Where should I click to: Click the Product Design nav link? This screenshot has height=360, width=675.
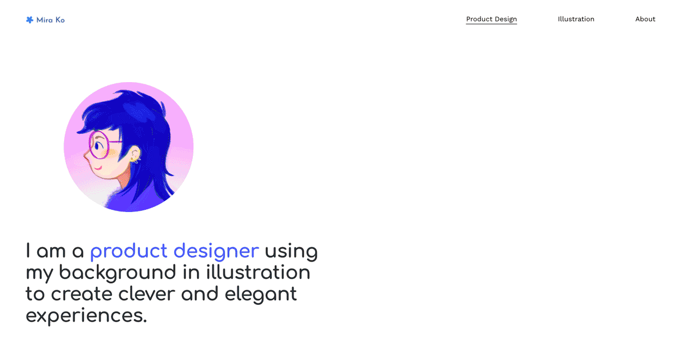pos(491,19)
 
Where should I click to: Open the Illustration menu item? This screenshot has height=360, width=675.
pos(576,19)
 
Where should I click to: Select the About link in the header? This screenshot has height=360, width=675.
pos(645,19)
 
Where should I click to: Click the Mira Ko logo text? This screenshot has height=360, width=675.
pos(51,20)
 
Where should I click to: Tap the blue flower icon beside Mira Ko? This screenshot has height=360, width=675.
pos(30,20)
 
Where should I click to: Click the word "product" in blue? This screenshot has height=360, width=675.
pos(128,251)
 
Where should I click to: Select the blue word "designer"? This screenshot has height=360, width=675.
pos(216,251)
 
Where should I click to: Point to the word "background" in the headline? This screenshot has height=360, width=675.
pos(118,273)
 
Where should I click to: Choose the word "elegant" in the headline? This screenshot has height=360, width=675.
pos(260,294)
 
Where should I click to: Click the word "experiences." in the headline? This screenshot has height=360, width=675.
pos(86,316)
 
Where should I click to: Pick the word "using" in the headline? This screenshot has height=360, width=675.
pos(291,251)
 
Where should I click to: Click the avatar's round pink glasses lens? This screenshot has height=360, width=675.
pos(99,145)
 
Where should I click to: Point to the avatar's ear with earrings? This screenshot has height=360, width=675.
pos(134,154)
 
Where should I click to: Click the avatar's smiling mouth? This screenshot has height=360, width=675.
pos(97,166)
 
